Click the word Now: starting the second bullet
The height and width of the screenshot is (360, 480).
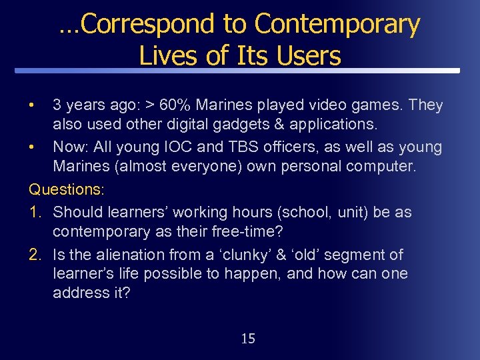[x=71, y=147]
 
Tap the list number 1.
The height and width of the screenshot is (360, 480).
[x=36, y=213]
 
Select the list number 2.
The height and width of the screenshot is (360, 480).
[x=36, y=255]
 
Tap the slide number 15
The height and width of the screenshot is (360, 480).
[x=247, y=339]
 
